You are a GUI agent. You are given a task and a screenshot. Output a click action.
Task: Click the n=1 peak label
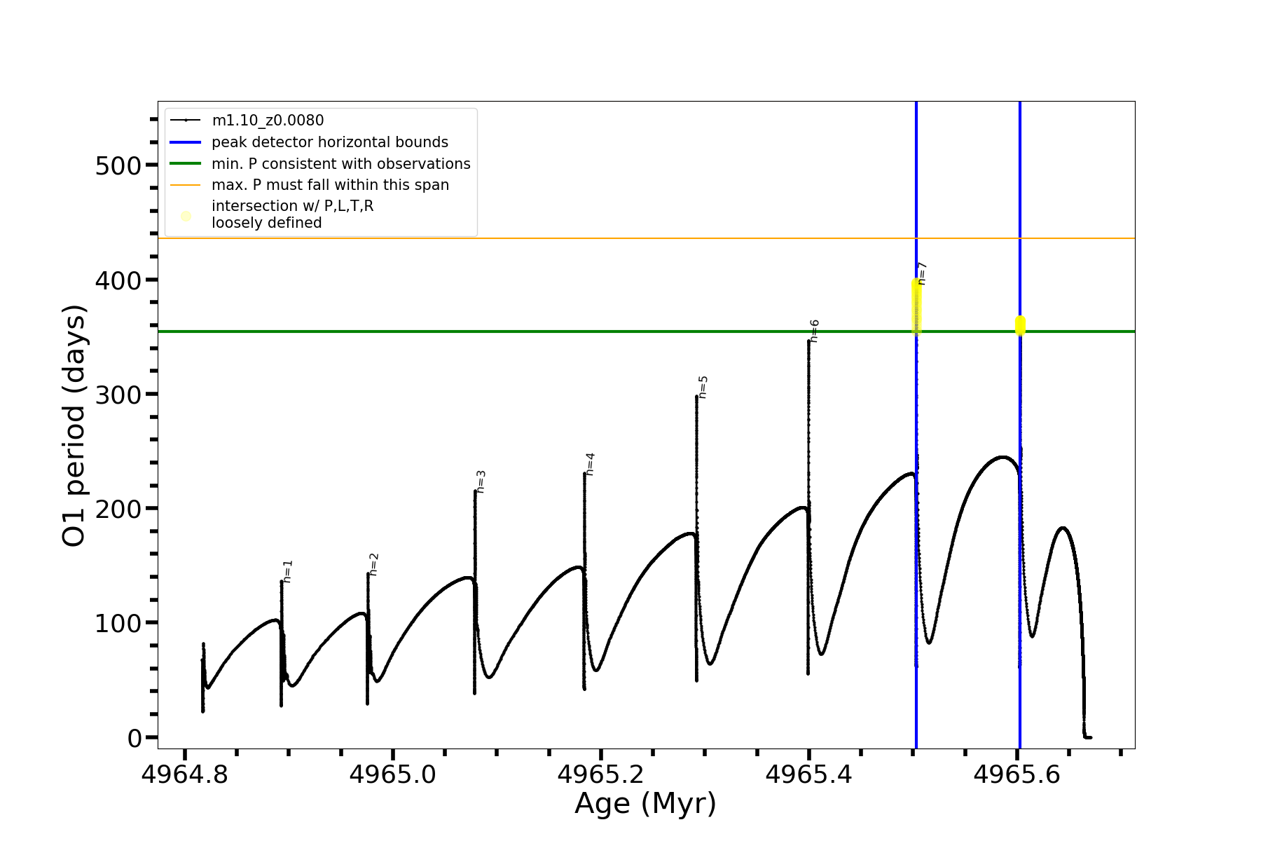click(288, 571)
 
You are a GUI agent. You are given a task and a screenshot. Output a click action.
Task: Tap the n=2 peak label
click(374, 564)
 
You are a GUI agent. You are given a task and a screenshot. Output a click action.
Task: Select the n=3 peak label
click(481, 481)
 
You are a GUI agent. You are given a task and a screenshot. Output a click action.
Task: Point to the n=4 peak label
click(591, 464)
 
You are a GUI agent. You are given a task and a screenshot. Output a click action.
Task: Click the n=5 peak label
click(703, 387)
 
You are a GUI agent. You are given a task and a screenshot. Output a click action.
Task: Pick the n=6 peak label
click(815, 331)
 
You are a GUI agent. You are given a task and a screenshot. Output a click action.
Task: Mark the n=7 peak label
click(923, 273)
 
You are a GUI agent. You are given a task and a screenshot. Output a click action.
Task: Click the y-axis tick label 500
click(118, 166)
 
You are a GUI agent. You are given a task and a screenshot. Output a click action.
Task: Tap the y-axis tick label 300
click(118, 395)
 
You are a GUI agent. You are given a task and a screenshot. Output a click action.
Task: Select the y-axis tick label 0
click(135, 738)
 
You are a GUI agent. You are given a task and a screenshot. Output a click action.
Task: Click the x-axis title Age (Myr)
click(645, 804)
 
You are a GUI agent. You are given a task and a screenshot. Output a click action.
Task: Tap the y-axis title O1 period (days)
click(74, 425)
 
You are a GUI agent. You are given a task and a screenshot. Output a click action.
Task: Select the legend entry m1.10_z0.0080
click(268, 121)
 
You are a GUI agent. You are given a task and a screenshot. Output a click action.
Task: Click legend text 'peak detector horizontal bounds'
click(329, 142)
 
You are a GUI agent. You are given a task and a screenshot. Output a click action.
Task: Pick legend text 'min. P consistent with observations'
click(340, 164)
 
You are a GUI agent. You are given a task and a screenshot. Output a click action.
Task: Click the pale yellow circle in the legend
click(186, 216)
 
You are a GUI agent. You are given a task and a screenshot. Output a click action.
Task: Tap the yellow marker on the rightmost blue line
click(1020, 325)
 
